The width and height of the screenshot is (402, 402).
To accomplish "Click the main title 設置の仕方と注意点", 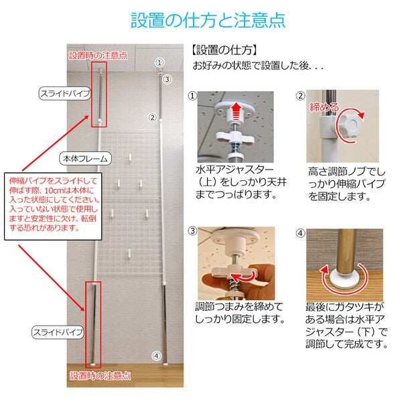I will (x=201, y=19).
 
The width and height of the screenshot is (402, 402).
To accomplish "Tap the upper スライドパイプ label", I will (x=64, y=94).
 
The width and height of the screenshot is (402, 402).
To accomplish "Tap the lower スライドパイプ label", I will (x=58, y=332).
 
